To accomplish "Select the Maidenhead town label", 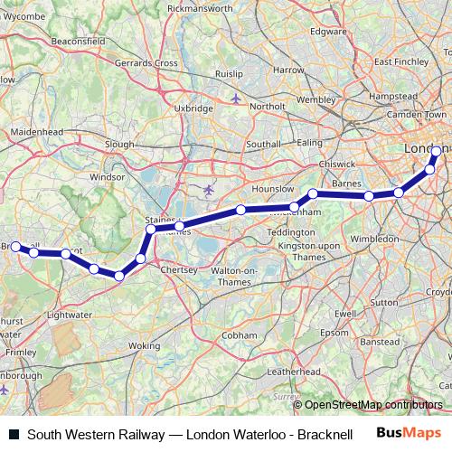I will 34,133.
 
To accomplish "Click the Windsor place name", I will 107,177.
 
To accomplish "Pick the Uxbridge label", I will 193,108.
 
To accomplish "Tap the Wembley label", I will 315,99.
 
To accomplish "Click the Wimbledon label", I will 375,239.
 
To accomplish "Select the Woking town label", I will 144,345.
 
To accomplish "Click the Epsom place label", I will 334,332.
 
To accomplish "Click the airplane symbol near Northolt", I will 236,98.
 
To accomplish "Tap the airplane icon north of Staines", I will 210,189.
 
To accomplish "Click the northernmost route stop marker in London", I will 437,152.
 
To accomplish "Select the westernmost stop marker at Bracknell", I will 15,246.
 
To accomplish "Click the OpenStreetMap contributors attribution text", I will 373,406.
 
